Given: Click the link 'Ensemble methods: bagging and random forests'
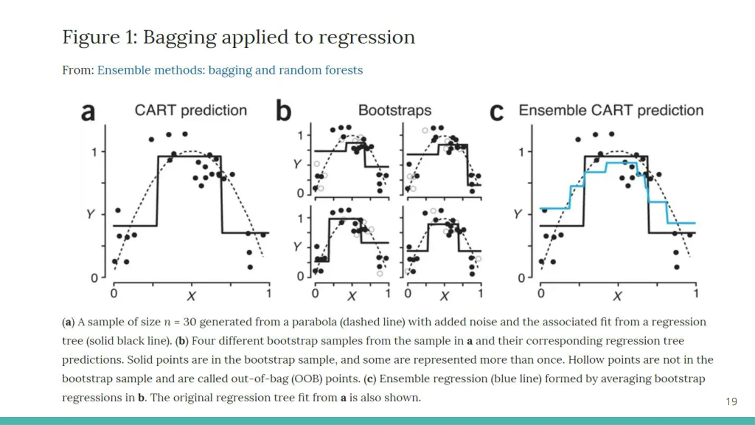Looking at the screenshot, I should (230, 70).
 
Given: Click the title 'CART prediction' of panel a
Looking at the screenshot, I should (191, 111).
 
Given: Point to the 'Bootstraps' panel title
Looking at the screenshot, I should (395, 111).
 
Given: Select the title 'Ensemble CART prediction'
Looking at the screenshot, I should (611, 111).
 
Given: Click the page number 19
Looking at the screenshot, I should (731, 402).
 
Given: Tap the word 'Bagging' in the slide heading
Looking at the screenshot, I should (180, 38).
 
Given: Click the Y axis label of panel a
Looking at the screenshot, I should (91, 214).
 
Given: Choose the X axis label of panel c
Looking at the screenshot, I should (617, 296).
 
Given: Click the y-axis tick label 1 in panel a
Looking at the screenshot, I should (94, 152).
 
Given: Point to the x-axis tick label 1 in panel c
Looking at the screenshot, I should (696, 293).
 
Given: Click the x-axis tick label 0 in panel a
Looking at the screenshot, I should (114, 293).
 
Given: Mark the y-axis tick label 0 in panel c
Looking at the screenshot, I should (521, 278).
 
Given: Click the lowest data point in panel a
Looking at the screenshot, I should (250, 267).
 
